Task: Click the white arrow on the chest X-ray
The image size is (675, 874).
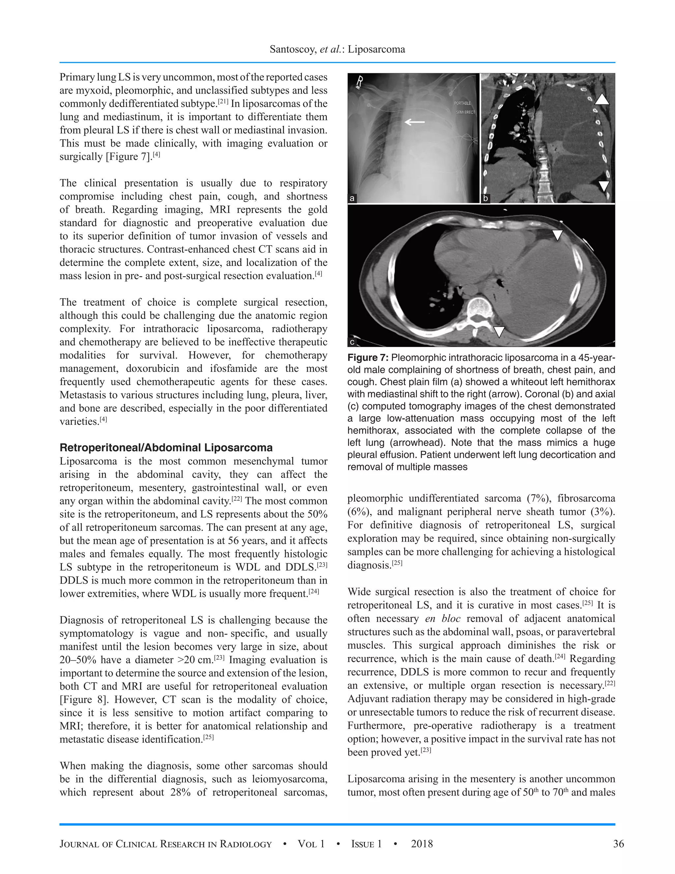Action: click(415, 122)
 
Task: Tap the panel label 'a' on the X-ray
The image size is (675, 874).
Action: click(352, 198)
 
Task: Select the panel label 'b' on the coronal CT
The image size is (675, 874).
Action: click(485, 198)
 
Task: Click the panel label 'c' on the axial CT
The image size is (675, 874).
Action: click(352, 342)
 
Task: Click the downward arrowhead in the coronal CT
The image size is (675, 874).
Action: click(604, 185)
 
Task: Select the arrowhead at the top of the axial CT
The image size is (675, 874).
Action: click(557, 235)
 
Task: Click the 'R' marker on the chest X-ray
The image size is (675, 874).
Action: click(360, 82)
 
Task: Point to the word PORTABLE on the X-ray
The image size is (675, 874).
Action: click(462, 103)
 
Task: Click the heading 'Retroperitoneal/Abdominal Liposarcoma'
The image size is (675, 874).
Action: click(166, 448)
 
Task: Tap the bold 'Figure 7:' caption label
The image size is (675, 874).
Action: click(367, 358)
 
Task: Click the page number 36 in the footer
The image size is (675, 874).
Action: click(618, 844)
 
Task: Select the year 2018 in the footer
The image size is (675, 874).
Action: click(422, 844)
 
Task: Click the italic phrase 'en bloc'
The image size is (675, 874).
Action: click(443, 619)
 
